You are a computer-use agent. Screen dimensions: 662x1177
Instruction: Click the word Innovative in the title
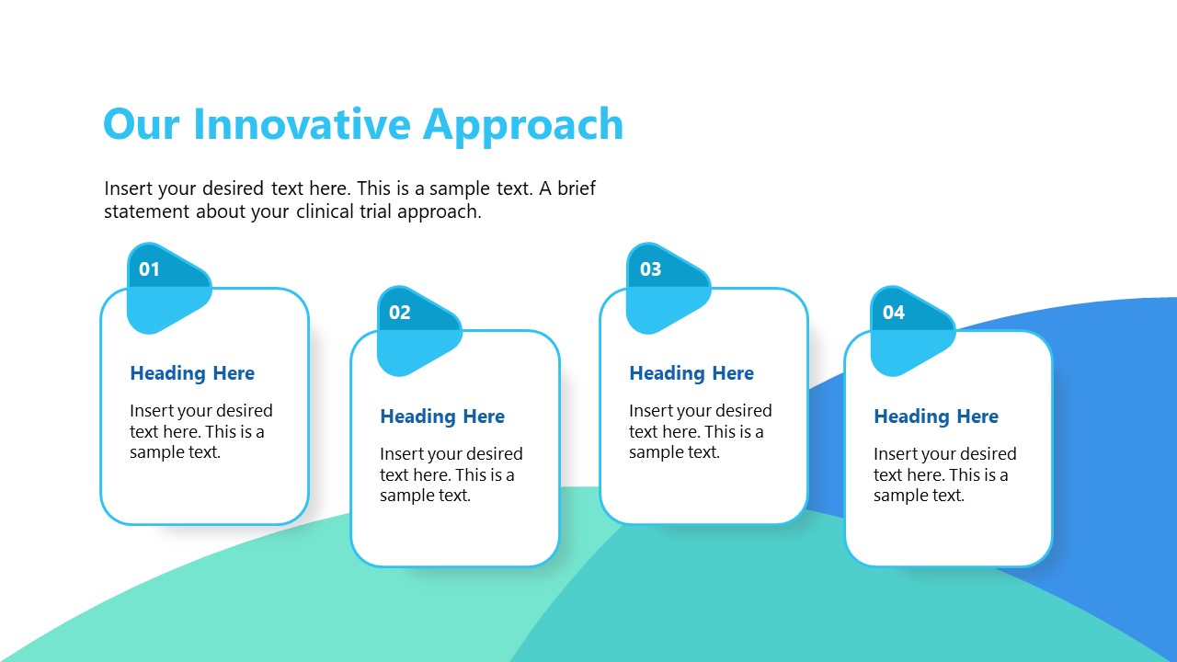(302, 124)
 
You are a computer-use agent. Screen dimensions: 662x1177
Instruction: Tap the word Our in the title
(141, 124)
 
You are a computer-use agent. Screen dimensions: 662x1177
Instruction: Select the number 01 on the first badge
(149, 269)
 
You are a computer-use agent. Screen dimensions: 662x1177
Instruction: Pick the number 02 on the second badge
(399, 313)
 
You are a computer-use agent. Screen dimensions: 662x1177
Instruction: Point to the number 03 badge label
(650, 269)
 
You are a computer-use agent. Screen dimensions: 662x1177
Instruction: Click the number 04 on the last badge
(894, 313)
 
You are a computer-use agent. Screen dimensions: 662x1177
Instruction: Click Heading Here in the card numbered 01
(192, 373)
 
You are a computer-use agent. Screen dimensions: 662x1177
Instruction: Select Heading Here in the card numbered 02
(442, 417)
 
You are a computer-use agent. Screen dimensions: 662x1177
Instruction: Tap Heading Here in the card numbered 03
(691, 373)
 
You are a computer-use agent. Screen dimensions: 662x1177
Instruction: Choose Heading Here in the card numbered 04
(936, 417)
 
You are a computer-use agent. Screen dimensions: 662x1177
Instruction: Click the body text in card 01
(200, 431)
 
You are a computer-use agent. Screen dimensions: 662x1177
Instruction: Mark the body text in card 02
(451, 474)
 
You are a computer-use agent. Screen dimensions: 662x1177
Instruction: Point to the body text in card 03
(700, 431)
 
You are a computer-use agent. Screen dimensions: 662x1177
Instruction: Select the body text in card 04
(944, 474)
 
